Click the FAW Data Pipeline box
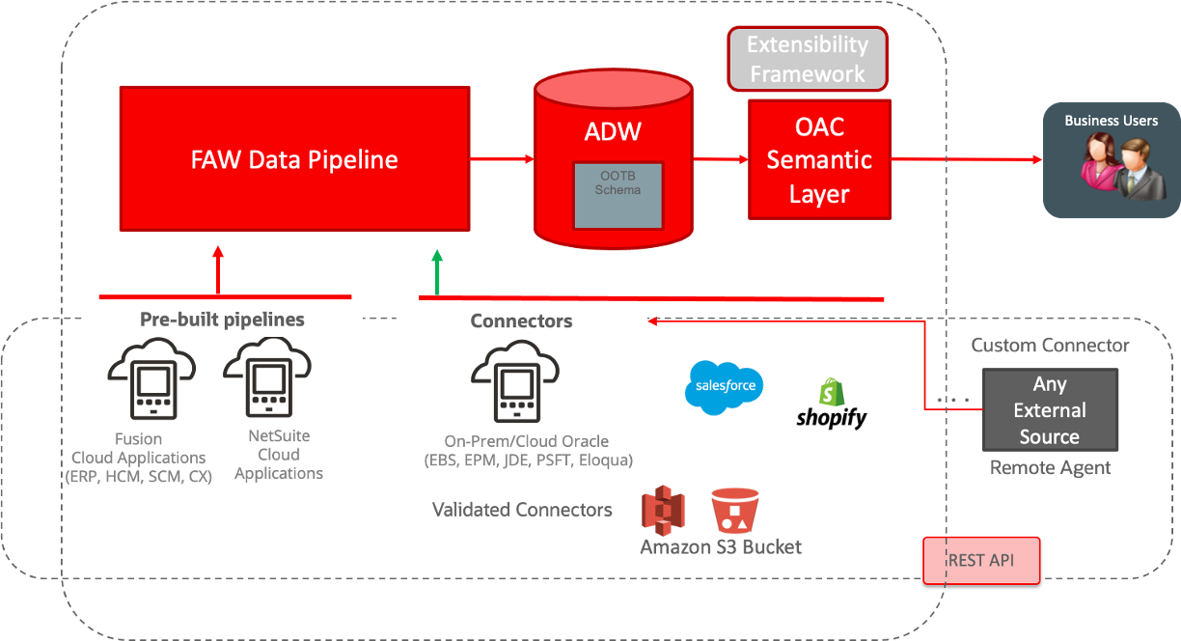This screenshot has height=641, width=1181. [294, 158]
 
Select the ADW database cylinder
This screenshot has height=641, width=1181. [613, 159]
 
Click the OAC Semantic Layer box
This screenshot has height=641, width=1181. [819, 159]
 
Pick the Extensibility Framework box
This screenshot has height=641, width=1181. [808, 59]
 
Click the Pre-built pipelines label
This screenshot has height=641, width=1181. [222, 320]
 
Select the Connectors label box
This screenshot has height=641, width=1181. [521, 321]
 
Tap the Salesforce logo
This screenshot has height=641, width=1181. [724, 388]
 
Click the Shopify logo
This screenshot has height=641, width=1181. [832, 404]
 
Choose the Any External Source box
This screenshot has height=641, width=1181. [1050, 410]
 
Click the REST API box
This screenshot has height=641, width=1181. [981, 560]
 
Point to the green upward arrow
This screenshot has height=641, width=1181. [437, 271]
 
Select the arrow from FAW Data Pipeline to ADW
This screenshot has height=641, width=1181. [503, 158]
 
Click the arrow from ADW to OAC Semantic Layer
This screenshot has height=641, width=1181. [720, 159]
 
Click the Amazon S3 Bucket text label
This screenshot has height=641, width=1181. [720, 547]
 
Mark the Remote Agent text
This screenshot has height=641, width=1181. [1050, 468]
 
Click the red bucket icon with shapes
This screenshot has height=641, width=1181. [735, 511]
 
